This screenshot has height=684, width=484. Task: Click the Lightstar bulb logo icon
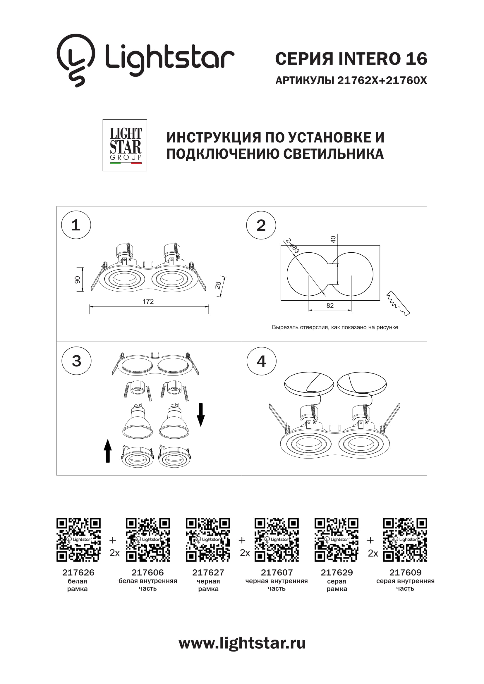click(x=76, y=60)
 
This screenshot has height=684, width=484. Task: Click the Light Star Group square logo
click(x=125, y=145)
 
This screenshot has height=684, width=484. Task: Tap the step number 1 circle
click(x=76, y=225)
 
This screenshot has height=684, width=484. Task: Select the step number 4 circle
click(x=261, y=361)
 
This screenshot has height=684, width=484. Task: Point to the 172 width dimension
click(x=148, y=301)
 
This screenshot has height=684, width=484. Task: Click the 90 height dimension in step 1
click(x=78, y=280)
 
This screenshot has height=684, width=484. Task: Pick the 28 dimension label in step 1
click(x=218, y=285)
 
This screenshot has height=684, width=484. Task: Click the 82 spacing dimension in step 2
click(x=330, y=305)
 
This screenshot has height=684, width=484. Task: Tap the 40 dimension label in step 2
click(x=333, y=239)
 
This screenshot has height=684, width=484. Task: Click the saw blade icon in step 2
click(x=398, y=303)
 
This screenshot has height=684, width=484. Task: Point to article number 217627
click(x=208, y=573)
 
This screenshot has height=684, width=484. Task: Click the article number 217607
click(x=277, y=573)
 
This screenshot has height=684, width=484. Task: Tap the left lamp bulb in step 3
click(x=138, y=422)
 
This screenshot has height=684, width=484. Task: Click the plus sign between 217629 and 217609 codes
click(x=370, y=540)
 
